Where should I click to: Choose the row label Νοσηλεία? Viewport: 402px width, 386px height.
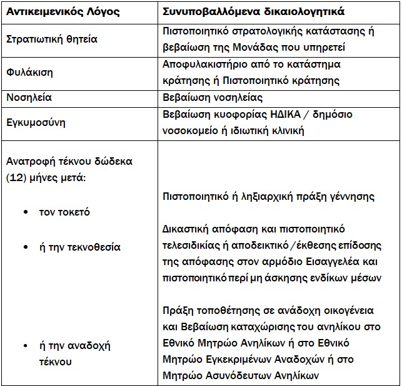coord(29,97)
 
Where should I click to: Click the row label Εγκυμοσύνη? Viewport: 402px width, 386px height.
coord(36,123)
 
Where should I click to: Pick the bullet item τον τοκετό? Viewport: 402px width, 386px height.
coord(65,212)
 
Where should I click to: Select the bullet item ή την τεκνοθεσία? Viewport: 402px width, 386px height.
coord(80,247)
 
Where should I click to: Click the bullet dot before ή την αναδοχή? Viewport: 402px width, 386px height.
coord(25,345)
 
